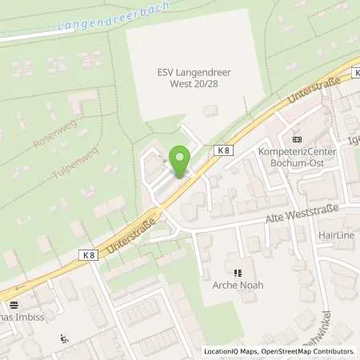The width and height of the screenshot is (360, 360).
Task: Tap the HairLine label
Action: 336,235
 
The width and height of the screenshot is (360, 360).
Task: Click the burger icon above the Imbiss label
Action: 14,305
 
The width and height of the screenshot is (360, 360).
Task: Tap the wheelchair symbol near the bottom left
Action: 64,339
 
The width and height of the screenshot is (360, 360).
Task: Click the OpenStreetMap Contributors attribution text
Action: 312,351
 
